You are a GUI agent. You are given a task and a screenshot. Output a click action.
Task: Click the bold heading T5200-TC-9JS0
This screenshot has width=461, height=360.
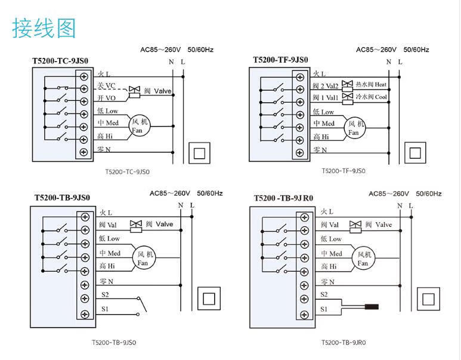(60, 61)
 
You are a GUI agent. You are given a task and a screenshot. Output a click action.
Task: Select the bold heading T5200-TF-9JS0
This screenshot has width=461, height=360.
(280, 60)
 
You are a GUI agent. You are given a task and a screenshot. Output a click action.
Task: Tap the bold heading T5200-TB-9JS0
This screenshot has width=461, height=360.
(62, 198)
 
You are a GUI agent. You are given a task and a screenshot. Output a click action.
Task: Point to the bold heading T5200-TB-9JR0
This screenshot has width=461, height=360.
(284, 198)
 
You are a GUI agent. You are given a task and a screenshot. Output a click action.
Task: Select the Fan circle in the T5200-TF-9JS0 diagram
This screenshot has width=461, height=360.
(355, 128)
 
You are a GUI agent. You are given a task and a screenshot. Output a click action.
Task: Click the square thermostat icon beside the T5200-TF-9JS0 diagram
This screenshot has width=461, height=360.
(413, 151)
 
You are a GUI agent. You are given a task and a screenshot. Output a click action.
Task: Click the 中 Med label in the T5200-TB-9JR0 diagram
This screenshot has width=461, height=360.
(332, 254)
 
